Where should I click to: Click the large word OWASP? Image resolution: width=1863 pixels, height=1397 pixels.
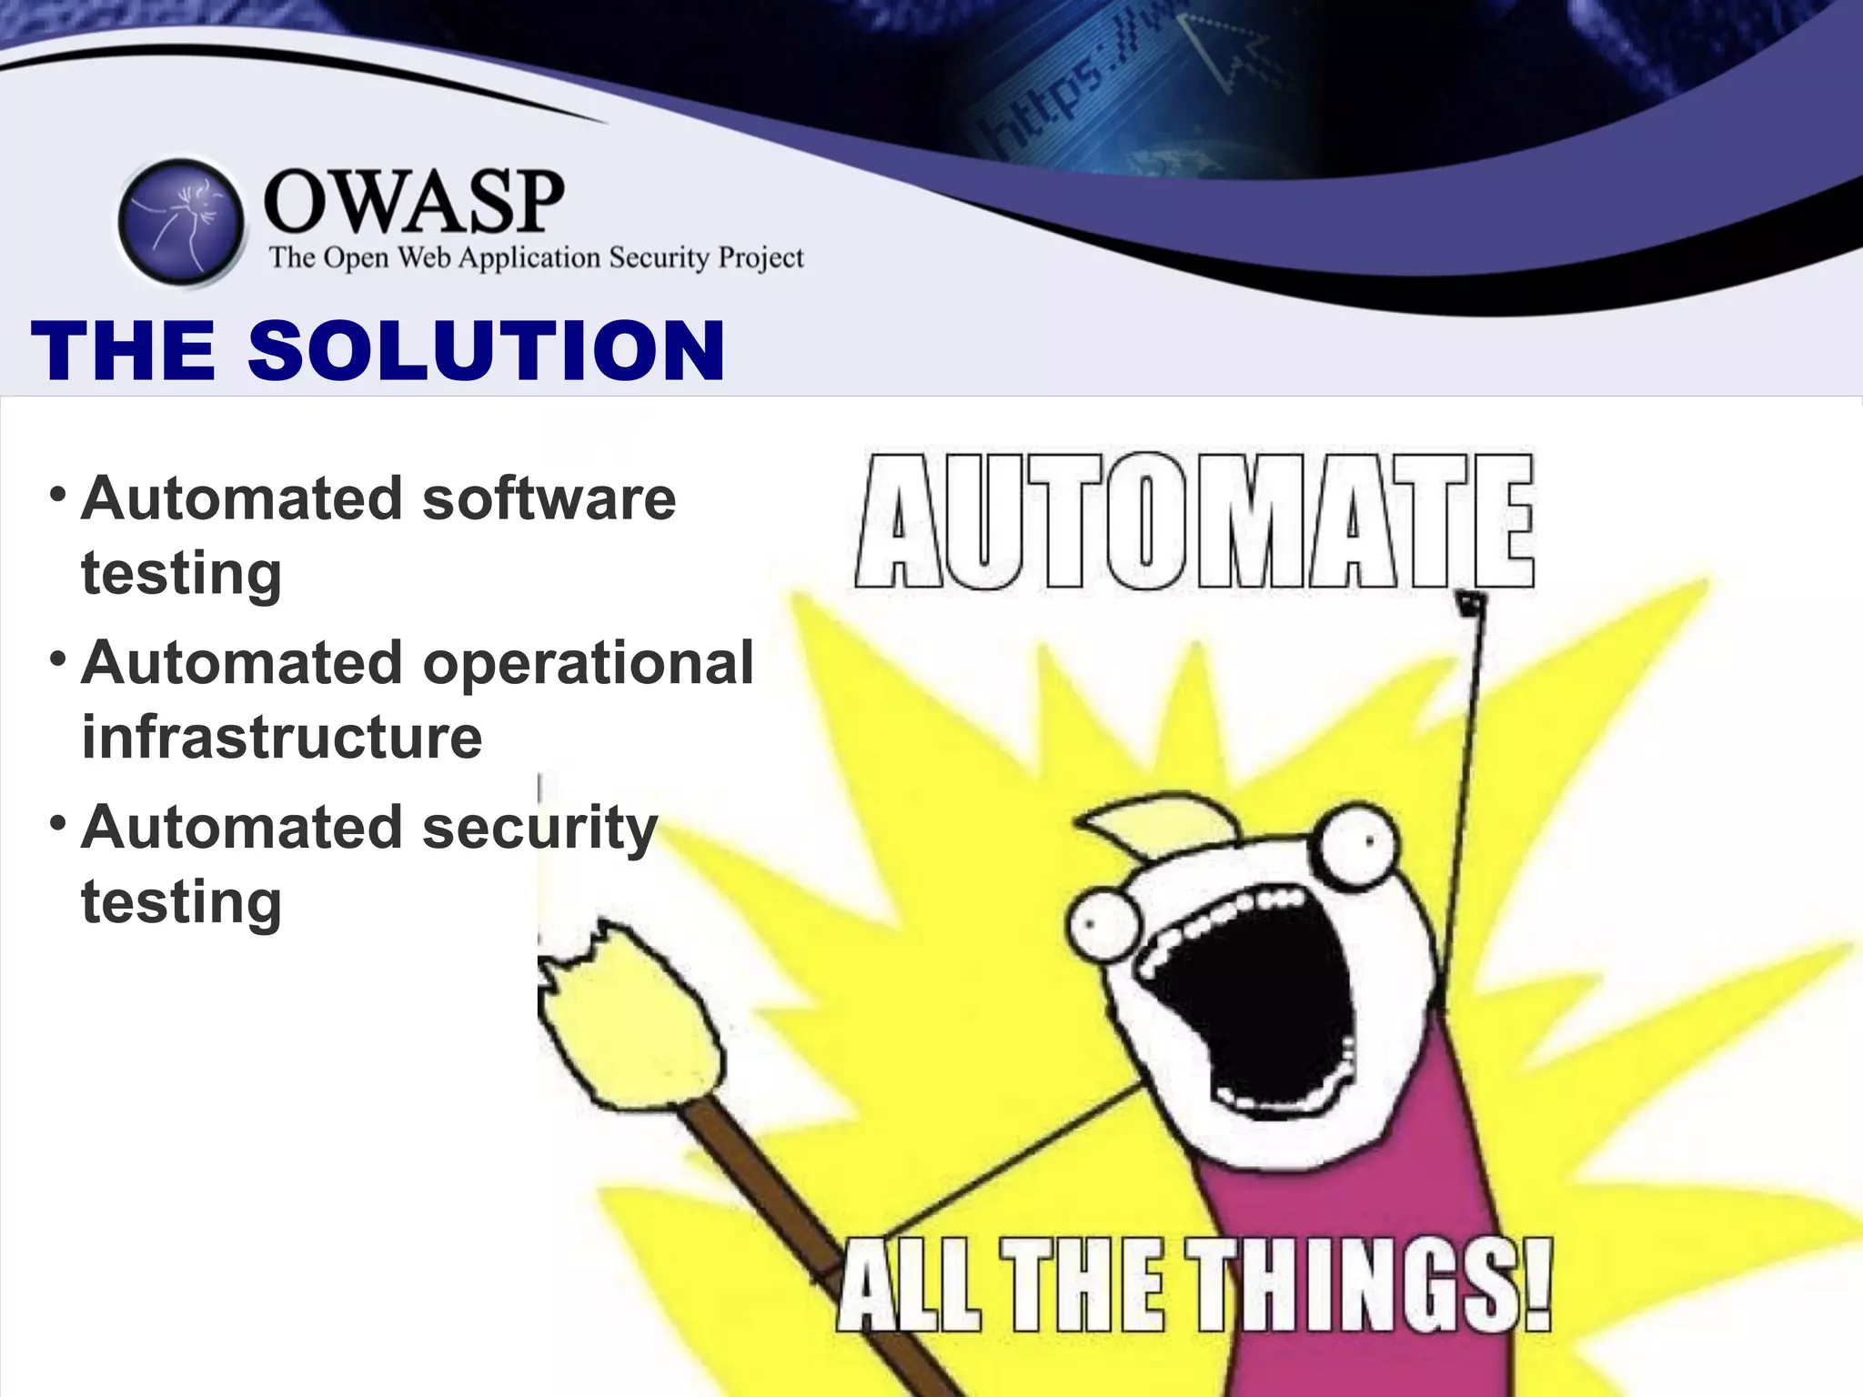click(x=414, y=202)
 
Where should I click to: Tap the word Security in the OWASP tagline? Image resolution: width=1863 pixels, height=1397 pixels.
click(x=659, y=258)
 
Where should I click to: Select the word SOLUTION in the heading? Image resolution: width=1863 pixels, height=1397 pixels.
click(x=486, y=351)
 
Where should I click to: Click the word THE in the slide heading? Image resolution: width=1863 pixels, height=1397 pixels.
click(x=124, y=351)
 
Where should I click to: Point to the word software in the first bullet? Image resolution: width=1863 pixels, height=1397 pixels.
click(x=549, y=499)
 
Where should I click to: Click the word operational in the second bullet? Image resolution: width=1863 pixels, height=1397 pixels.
click(x=589, y=662)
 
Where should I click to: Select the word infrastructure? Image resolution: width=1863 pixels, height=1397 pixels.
click(x=282, y=737)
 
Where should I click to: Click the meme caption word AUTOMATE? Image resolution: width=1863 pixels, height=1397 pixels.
click(x=1194, y=522)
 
